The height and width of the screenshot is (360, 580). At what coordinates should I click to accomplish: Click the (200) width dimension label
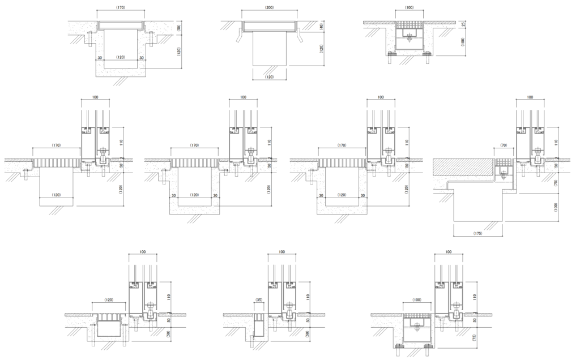pos(269,7)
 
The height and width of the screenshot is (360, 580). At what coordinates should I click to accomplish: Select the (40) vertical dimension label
pos(321,27)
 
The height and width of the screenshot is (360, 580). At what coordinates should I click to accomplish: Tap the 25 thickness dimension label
pos(463,24)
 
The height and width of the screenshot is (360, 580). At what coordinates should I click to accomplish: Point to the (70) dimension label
pos(504,145)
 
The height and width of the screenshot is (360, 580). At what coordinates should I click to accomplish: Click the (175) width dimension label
pos(477,233)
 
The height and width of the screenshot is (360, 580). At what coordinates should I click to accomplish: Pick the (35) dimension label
pos(259,300)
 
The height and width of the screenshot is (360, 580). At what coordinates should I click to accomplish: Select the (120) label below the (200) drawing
pos(270,77)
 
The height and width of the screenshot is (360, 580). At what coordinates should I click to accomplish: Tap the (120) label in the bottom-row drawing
pos(109,300)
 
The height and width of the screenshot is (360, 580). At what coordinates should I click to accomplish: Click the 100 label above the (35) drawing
pos(282,252)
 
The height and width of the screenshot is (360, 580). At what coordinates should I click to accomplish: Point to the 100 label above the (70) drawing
pos(530,97)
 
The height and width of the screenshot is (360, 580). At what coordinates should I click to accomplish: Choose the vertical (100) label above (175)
pos(556,207)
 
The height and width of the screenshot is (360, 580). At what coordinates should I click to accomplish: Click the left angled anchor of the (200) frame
pos(238,36)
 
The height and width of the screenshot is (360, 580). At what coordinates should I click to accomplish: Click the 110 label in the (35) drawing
pos(308,297)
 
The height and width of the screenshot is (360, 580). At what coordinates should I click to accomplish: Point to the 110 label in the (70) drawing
pos(556,142)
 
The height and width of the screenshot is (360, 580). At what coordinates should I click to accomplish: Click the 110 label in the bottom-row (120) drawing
pos(168,297)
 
